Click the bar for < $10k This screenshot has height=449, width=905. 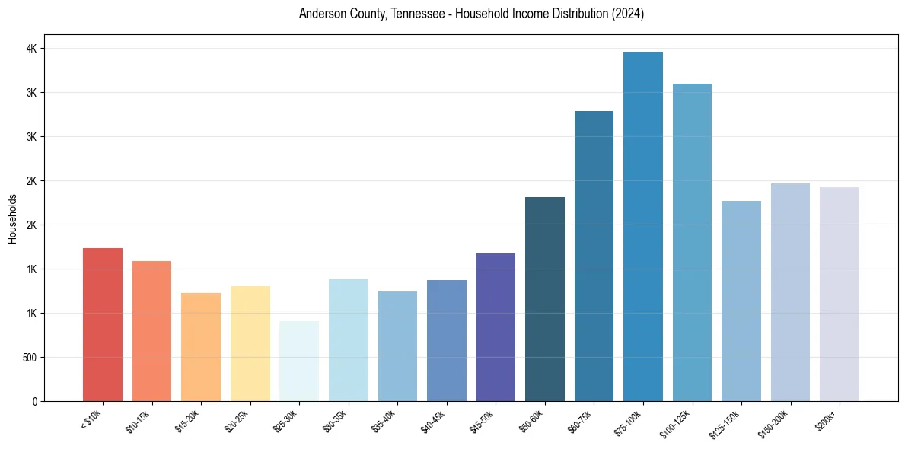coord(103,325)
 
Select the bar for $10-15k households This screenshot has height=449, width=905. coord(151,331)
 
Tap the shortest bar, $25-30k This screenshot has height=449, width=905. coord(299,361)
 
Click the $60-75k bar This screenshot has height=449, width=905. coord(594,256)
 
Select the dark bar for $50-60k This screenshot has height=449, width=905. coord(545,299)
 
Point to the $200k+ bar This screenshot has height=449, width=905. coord(840,294)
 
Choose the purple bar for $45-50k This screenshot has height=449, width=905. coord(496,327)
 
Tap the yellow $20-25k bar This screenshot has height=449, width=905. coord(250,343)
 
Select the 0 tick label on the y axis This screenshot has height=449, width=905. coord(33,402)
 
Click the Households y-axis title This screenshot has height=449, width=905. coord(13,218)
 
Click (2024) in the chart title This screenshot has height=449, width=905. coord(627,14)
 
